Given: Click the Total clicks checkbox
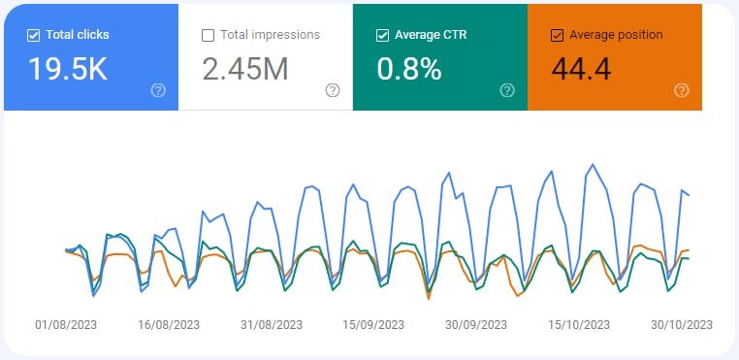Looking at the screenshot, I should pos(34,36).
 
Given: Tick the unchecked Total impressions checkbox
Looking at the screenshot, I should pos(208,36).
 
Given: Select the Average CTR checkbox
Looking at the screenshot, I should pos(382,36).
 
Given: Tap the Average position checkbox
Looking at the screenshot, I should pos(557,36).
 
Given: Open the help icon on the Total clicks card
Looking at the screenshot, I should pos(158,90).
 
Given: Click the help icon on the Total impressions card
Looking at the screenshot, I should pos(333,90).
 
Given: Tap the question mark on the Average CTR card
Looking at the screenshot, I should pos(507,90).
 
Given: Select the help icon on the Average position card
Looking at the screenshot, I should pos(682,90).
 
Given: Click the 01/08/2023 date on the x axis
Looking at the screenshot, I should pos(65,324).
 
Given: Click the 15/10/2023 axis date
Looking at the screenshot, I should pos(579,324).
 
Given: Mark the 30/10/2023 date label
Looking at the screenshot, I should pos(682,324).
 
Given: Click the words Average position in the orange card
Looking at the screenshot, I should pos(617,36).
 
